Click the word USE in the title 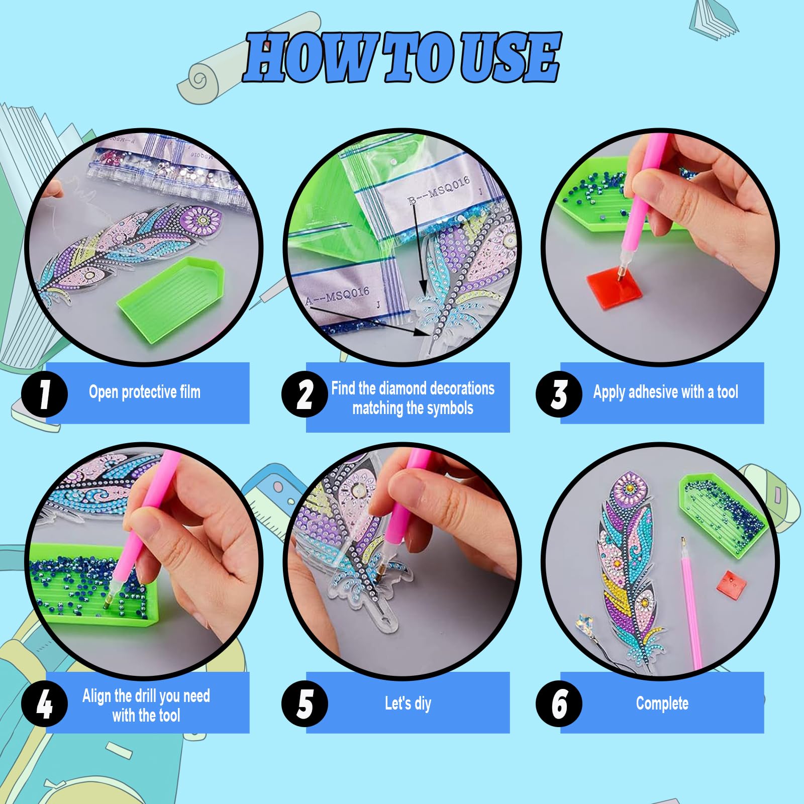510,56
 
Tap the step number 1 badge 44,393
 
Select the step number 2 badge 305,393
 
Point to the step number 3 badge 559,393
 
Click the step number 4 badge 44,703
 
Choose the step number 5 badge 305,703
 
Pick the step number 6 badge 559,703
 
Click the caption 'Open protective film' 145,392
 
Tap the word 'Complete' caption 662,703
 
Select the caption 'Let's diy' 408,703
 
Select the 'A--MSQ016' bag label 338,296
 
